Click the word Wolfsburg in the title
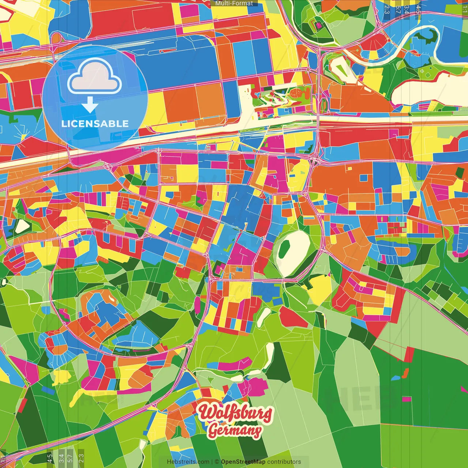pos(235,412)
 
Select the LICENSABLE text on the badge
pos(95,124)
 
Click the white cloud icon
pos(95,77)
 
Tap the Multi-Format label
pos(234,3)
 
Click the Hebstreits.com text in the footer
pos(188,462)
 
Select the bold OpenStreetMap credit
pos(243,462)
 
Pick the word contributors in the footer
pos(284,462)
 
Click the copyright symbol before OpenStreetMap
pos(217,462)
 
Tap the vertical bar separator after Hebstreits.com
pos(212,462)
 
